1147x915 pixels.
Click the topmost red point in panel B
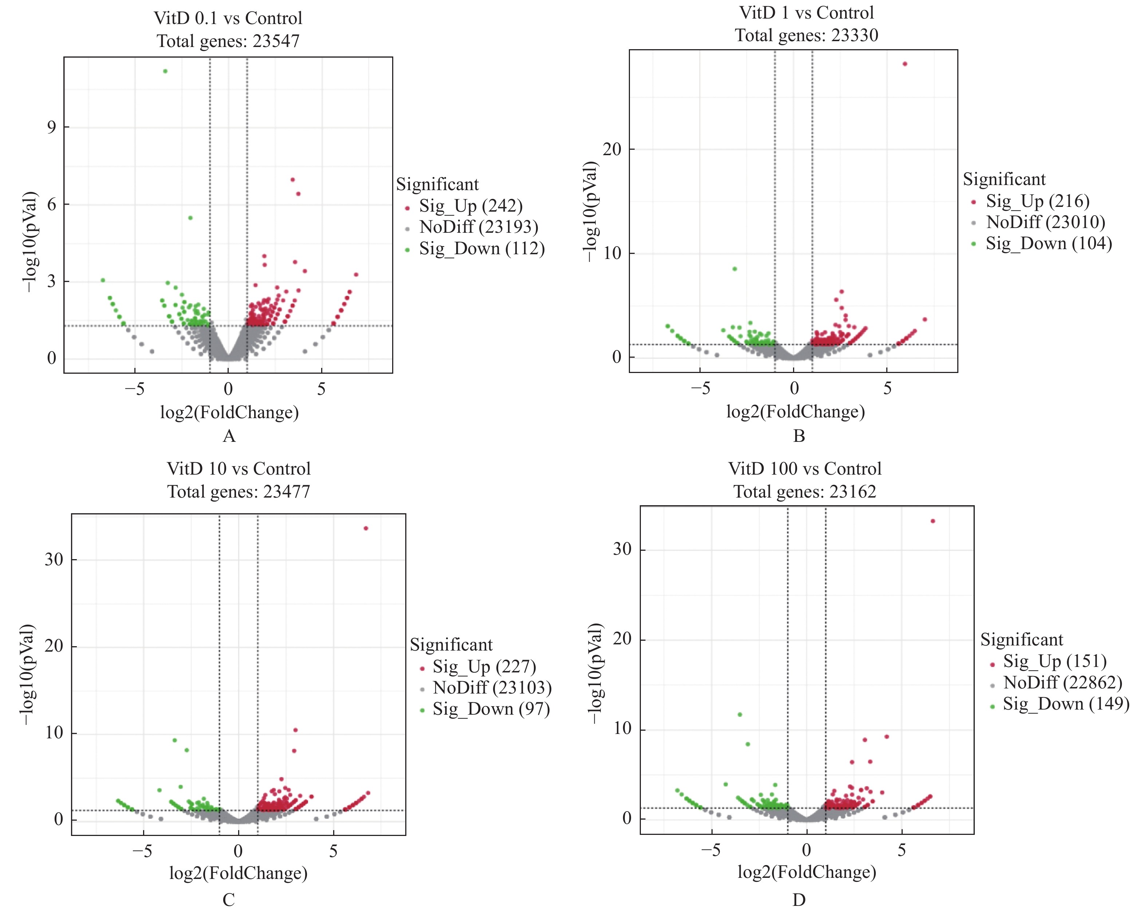(905, 64)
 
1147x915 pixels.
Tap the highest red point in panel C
(366, 528)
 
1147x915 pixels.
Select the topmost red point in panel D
(933, 521)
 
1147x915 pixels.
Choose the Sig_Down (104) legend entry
(1048, 244)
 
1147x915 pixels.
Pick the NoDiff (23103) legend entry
(492, 688)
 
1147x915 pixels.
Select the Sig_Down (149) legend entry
(1065, 704)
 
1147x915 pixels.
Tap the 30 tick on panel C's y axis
(54, 559)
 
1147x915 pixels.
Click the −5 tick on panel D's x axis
(711, 850)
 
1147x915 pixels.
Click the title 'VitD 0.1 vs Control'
(228, 19)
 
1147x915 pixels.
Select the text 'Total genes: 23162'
(804, 491)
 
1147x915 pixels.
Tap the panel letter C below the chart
(229, 900)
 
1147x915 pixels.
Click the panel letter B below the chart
(799, 436)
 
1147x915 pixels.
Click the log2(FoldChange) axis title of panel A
(229, 413)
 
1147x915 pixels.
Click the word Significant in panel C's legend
(451, 645)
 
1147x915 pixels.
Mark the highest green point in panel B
(735, 269)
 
